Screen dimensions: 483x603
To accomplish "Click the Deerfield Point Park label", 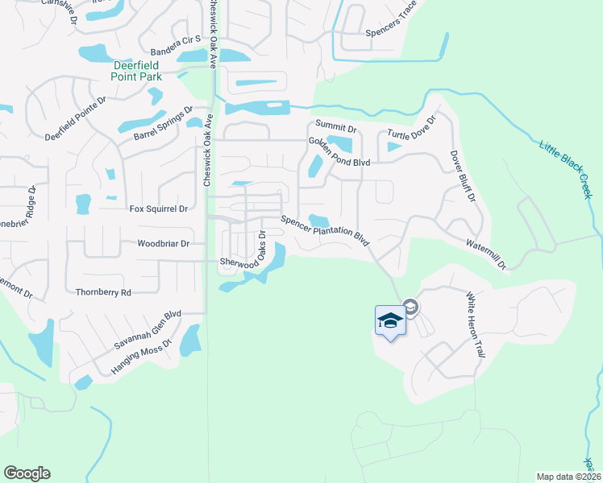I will [x=137, y=71].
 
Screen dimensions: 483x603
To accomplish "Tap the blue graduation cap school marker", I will [x=389, y=320].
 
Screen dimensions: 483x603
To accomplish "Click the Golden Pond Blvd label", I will [x=339, y=152].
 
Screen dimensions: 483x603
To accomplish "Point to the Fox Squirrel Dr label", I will [x=159, y=209].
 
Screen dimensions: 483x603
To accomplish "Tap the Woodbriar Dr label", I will [x=163, y=243].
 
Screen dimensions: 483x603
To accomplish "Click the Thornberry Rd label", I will [x=102, y=293].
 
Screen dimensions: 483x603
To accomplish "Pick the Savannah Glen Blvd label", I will [x=148, y=330].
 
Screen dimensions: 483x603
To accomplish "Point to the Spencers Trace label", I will [x=391, y=22].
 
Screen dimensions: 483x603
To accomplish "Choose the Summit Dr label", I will [x=335, y=127].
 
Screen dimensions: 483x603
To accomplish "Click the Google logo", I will [x=27, y=473].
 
